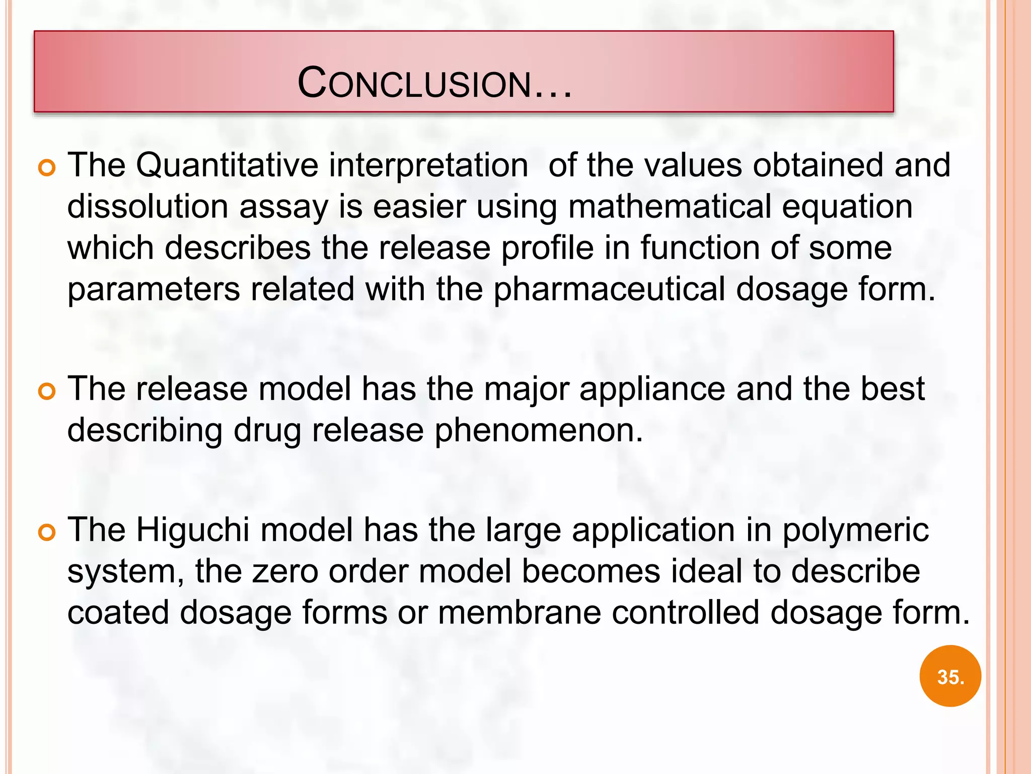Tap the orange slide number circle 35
(x=950, y=676)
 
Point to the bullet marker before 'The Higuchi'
(x=46, y=533)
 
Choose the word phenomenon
(x=538, y=431)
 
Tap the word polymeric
(x=855, y=532)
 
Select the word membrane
(x=519, y=613)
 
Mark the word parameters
(x=154, y=290)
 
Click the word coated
(x=118, y=613)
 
